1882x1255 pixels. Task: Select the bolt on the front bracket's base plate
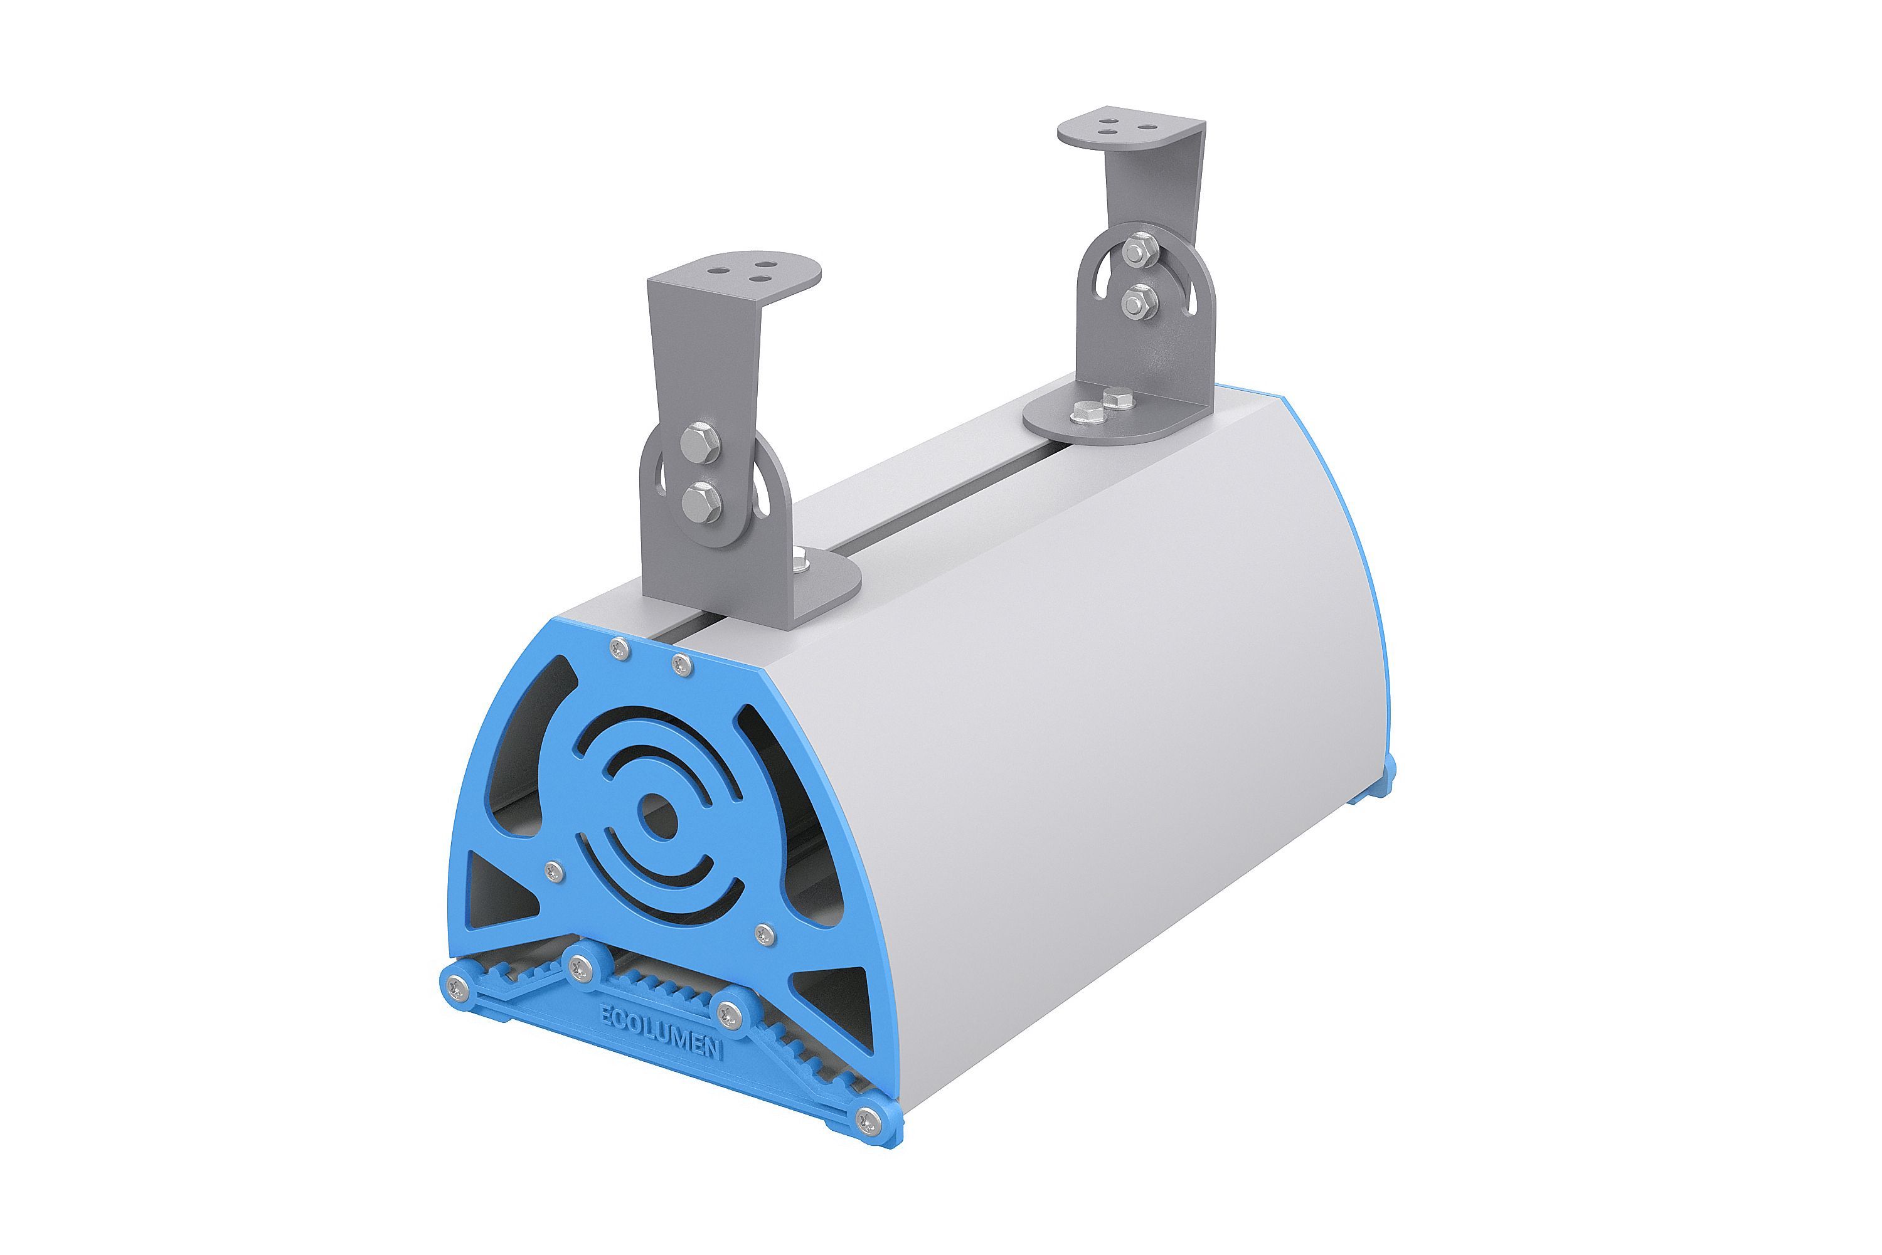click(x=800, y=562)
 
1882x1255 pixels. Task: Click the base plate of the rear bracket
click(x=1120, y=418)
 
